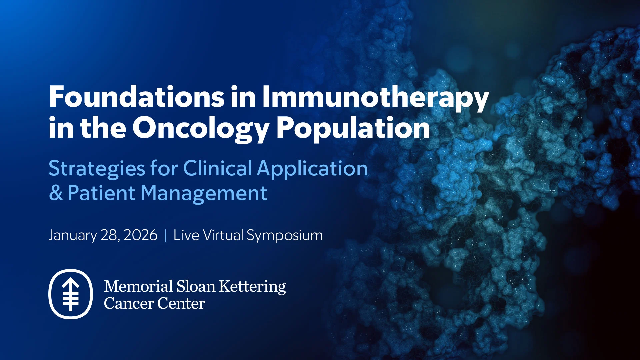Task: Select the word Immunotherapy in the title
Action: coord(375,97)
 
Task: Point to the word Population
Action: coord(353,128)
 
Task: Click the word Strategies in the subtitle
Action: coord(97,168)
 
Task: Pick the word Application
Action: coord(312,168)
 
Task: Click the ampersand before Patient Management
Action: coord(56,193)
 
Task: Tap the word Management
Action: coord(203,194)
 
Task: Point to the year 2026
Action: coord(140,235)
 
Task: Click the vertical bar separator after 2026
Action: coord(166,235)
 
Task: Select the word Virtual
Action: coord(223,235)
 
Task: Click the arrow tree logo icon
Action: coord(71,294)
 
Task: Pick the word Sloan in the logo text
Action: coord(196,286)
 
